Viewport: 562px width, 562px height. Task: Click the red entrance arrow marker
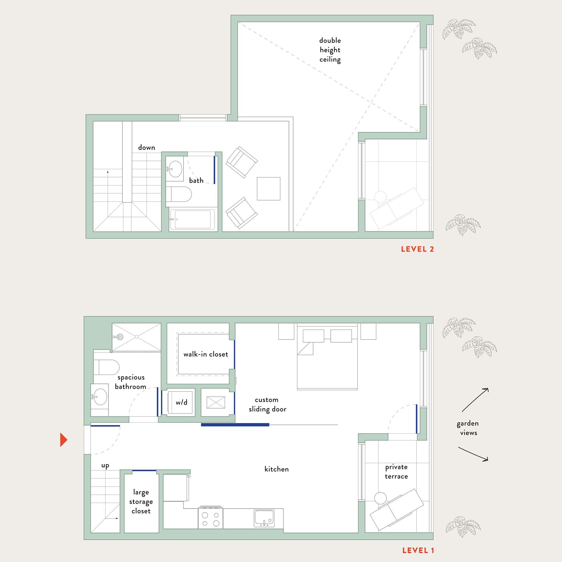click(63, 439)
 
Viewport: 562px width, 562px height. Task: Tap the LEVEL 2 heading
click(417, 249)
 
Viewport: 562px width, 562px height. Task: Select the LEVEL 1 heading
click(418, 550)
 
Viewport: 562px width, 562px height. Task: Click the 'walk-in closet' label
click(206, 354)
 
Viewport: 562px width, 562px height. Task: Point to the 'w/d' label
click(182, 402)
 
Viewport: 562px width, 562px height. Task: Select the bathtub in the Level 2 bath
click(192, 219)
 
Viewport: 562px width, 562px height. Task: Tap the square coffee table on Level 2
click(268, 189)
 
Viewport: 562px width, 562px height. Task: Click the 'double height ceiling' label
click(330, 50)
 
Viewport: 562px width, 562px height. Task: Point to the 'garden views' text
click(468, 428)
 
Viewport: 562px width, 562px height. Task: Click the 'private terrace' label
click(396, 472)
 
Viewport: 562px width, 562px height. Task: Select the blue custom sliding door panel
click(235, 425)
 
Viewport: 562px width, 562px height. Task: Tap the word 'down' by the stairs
click(146, 148)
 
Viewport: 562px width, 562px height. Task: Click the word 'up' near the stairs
click(105, 465)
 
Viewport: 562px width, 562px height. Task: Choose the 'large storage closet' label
click(141, 502)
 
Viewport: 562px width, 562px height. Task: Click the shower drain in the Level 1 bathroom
click(137, 337)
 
